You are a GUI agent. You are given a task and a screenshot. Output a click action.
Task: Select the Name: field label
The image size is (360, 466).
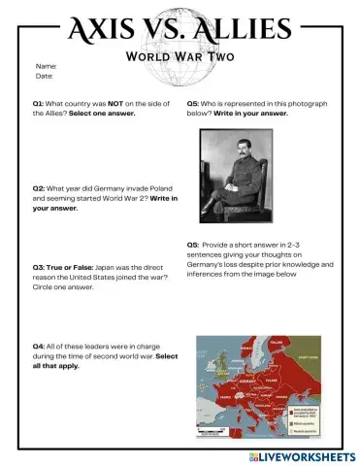46,66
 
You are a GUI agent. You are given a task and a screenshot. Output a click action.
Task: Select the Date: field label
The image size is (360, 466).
45,76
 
